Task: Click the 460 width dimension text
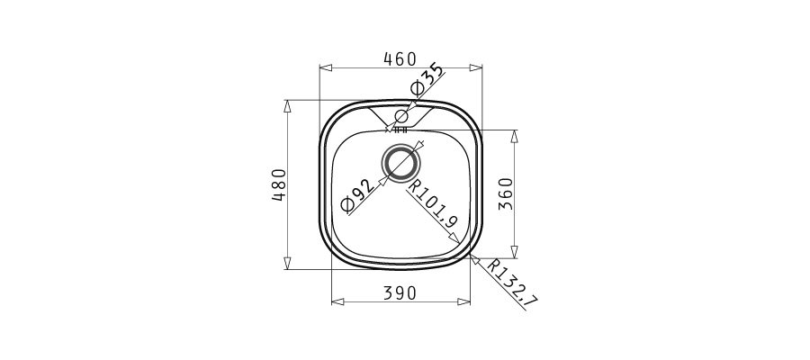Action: (x=400, y=59)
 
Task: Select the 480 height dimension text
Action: (x=279, y=184)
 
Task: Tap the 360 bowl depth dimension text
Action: (x=506, y=193)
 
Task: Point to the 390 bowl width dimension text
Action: (x=400, y=293)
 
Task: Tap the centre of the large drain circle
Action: (x=400, y=163)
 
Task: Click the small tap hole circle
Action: (x=401, y=116)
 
